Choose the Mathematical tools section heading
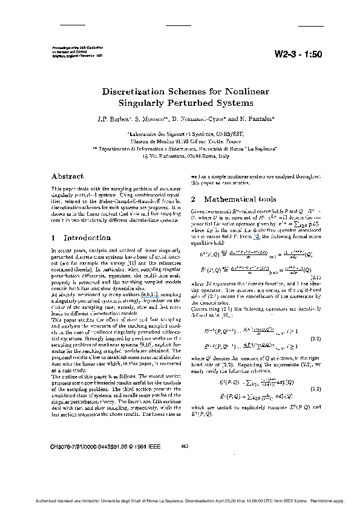pyautogui.click(x=241, y=199)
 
